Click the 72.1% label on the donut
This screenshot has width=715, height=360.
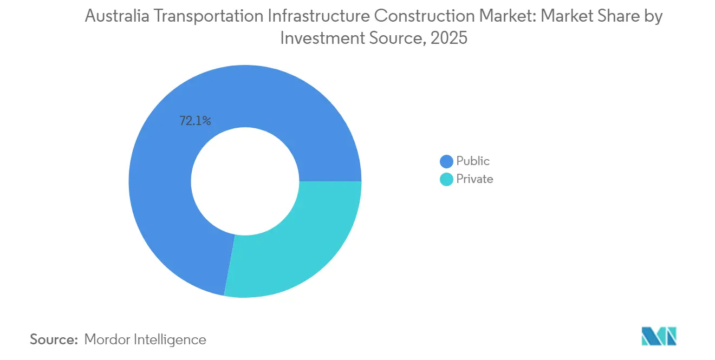click(195, 121)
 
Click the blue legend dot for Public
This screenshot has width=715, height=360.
click(446, 161)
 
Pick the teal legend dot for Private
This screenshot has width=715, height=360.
click(446, 179)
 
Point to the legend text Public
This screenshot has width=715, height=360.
click(473, 161)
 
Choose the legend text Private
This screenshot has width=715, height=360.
click(474, 179)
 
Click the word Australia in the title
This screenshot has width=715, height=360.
click(116, 17)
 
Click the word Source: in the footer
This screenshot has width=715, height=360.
click(54, 340)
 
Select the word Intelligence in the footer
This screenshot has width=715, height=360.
click(173, 340)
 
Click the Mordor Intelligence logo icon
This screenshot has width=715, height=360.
click(659, 336)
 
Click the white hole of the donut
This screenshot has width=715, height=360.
click(245, 181)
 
